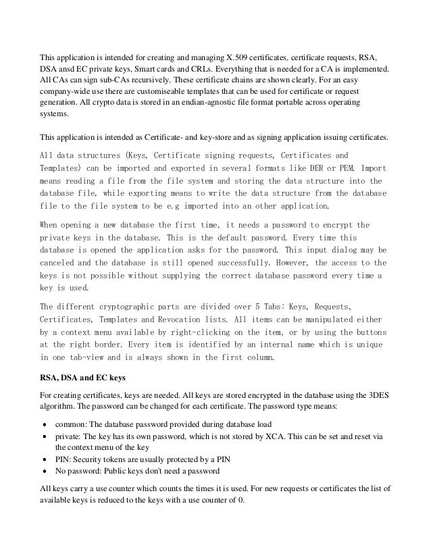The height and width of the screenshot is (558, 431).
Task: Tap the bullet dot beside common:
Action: coord(45,425)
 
